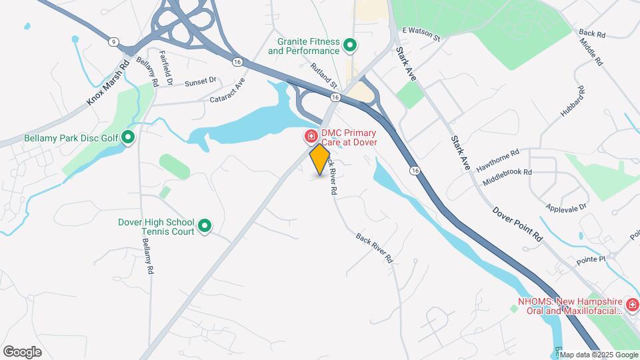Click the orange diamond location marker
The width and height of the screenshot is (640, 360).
coord(320,159)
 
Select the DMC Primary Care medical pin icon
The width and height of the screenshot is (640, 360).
coord(311,137)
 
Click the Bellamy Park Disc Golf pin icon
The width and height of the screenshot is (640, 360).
coord(127,138)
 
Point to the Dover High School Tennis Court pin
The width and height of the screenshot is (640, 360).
coord(205,227)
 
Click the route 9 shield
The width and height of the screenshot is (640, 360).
coord(114,42)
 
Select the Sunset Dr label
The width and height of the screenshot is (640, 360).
coord(201,81)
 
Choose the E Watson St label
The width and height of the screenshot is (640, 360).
coord(421,34)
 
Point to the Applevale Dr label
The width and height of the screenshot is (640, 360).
coord(565,206)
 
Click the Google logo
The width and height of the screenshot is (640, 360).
coord(22,351)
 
